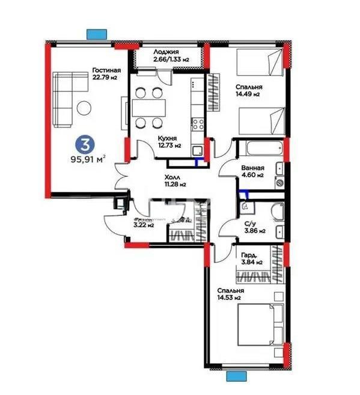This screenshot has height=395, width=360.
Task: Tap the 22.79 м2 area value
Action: [104, 78]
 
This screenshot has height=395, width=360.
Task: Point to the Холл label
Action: [174, 178]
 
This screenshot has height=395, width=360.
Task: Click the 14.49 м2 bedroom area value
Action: [247, 94]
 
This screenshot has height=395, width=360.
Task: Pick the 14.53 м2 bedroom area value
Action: [230, 298]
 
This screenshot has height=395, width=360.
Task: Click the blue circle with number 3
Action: [87, 144]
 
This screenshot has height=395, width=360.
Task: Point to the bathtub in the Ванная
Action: [257, 147]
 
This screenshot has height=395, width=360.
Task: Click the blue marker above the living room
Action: [97, 34]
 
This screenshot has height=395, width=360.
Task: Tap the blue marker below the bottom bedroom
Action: [237, 376]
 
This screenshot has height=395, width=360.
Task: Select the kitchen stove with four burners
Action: [198, 125]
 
